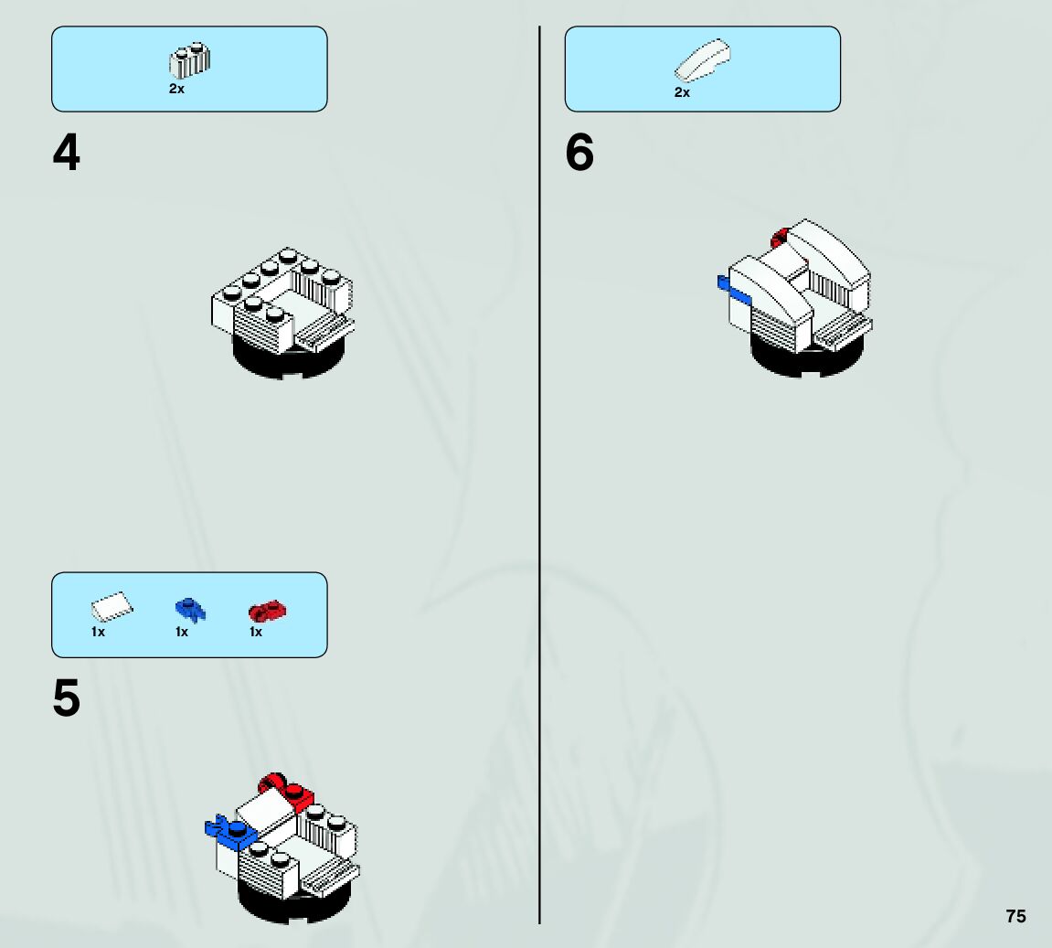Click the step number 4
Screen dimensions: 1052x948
66,153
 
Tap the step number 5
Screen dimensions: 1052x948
66,699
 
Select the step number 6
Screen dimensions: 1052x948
579,153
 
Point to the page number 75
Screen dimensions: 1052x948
1015,916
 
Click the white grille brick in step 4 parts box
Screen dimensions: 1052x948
189,60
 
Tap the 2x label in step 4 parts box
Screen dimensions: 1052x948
176,90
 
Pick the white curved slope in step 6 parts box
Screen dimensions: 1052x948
702,60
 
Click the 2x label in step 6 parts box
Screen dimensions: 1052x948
682,92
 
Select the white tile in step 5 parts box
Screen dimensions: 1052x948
112,607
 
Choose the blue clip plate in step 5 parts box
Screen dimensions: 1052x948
190,609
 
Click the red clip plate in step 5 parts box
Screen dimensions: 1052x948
268,610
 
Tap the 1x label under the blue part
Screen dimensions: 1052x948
182,632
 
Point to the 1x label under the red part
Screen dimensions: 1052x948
256,632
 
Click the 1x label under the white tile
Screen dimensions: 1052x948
98,632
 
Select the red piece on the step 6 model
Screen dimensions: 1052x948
780,239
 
